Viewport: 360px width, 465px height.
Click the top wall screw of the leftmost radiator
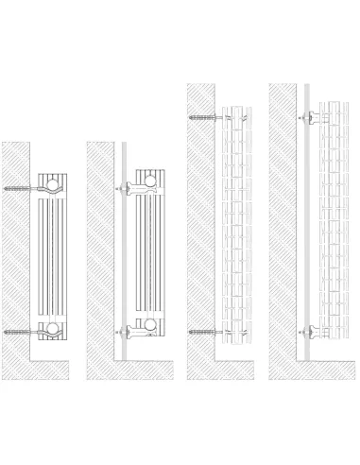[x=22, y=188]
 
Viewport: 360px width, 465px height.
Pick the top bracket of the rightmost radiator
[x=310, y=117]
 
